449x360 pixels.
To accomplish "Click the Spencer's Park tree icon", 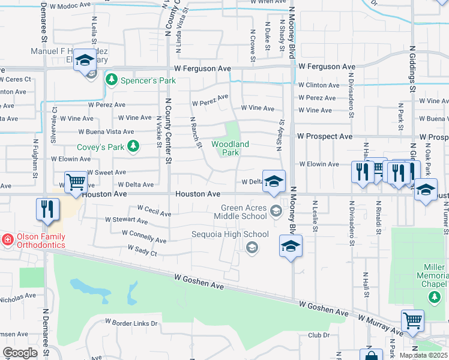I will point(111,79).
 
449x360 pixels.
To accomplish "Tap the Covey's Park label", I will point(100,146).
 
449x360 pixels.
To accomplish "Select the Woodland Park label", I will point(230,148).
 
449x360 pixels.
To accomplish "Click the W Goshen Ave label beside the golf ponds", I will point(199,282).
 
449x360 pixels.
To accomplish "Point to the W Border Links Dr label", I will point(131,323).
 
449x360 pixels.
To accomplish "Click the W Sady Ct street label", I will point(142,250).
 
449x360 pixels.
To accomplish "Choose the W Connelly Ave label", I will point(143,236).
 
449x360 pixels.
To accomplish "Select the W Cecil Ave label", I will point(154,211).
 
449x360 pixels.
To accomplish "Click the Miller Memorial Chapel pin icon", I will point(434,296).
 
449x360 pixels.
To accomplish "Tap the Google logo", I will point(20,353).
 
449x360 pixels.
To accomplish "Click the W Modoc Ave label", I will point(70,5).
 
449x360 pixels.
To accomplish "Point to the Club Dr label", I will point(319,335).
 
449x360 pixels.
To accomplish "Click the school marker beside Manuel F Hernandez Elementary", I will point(85,62).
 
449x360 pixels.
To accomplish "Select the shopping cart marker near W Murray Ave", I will point(412,320).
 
